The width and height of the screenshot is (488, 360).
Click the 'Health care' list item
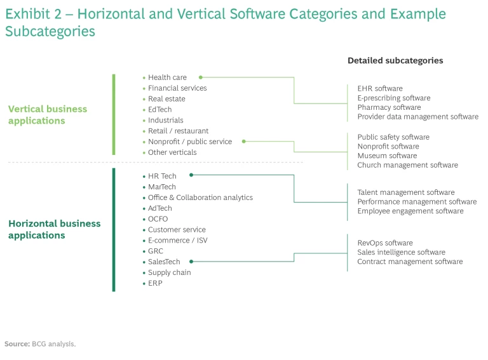pyautogui.click(x=167, y=77)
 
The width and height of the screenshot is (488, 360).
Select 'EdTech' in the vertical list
pyautogui.click(x=159, y=110)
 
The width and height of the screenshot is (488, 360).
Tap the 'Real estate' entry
pyautogui.click(x=166, y=99)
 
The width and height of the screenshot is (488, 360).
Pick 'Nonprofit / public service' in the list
pyautogui.click(x=190, y=142)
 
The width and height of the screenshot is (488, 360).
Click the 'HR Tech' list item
pyautogui.click(x=162, y=177)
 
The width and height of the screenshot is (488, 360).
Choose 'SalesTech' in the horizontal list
pyautogui.click(x=164, y=262)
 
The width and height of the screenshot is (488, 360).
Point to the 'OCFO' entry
pyautogui.click(x=158, y=219)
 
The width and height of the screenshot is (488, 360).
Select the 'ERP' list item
pyautogui.click(x=155, y=283)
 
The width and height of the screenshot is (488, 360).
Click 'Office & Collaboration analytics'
pyautogui.click(x=200, y=197)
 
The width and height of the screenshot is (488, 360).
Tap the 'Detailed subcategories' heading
pyautogui.click(x=395, y=61)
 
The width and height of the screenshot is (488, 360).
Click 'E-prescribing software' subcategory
pyautogui.click(x=393, y=98)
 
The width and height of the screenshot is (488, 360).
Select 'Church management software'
pyautogui.click(x=407, y=165)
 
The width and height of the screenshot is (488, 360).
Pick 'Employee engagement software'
pyautogui.click(x=410, y=211)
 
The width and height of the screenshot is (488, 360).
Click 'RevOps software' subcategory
pyautogui.click(x=385, y=243)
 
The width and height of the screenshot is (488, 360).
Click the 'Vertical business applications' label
pyautogui.click(x=48, y=115)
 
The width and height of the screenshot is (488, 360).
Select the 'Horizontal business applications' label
pyautogui.click(x=54, y=229)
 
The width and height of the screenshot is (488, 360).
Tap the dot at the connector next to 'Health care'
pyautogui.click(x=201, y=77)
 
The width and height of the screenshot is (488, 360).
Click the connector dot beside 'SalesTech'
pyautogui.click(x=191, y=261)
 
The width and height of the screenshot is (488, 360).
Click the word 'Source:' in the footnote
pyautogui.click(x=17, y=343)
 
